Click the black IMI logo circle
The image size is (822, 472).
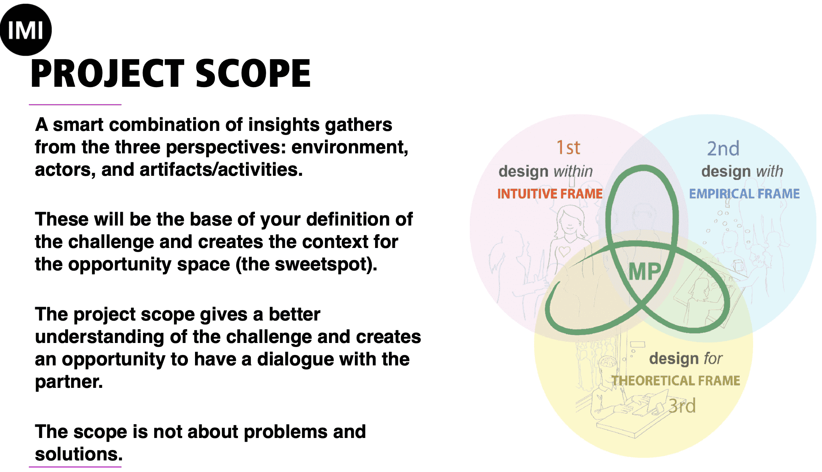(x=25, y=30)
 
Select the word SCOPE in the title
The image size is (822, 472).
(x=253, y=74)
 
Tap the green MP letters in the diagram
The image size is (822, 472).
(x=645, y=272)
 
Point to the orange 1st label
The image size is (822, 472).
(x=568, y=147)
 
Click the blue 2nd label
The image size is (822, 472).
(x=723, y=148)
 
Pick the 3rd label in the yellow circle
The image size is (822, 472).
(x=682, y=406)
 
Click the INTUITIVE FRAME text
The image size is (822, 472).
(x=550, y=194)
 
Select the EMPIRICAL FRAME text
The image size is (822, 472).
(x=745, y=194)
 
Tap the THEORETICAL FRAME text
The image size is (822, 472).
(x=676, y=381)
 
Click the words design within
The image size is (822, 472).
(x=546, y=171)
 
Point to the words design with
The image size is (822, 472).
(x=742, y=171)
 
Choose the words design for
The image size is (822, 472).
(x=686, y=358)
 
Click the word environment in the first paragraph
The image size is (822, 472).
(x=350, y=147)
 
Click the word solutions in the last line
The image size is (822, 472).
(x=79, y=454)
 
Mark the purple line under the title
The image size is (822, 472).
(x=75, y=105)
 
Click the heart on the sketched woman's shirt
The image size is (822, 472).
(x=564, y=251)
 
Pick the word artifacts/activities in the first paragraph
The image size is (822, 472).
(x=221, y=170)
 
